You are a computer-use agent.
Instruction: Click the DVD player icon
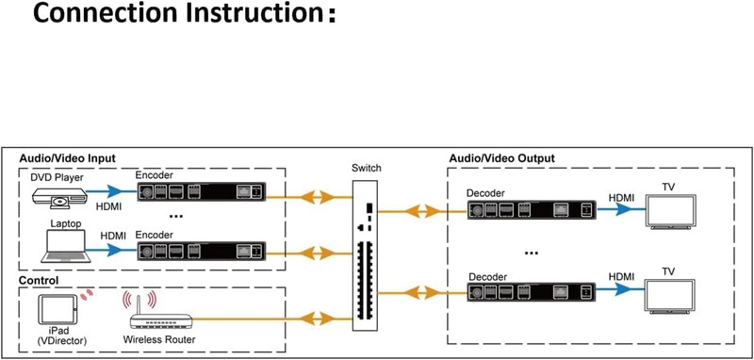coord(59,198)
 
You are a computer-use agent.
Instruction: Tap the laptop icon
coord(66,246)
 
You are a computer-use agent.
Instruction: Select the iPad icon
coord(57,309)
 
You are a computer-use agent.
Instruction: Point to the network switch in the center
coord(366,255)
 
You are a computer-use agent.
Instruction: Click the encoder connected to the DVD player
coord(202,192)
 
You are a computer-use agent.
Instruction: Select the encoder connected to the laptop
coord(202,252)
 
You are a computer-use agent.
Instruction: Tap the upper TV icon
coord(671,211)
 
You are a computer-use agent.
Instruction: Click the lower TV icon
coord(670,296)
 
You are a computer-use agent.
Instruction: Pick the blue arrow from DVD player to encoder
coord(111,191)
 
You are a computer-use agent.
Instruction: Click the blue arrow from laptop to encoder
coord(111,250)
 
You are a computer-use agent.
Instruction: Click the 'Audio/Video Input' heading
coord(67,158)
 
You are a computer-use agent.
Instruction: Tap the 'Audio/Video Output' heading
coord(501,158)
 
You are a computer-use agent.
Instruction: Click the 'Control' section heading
coord(39,280)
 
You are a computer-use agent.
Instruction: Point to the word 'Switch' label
coord(367,169)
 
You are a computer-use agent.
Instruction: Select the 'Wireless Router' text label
coord(159,340)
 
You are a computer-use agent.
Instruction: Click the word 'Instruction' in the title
coord(254,13)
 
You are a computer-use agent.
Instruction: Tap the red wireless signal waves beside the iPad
coord(87,294)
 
